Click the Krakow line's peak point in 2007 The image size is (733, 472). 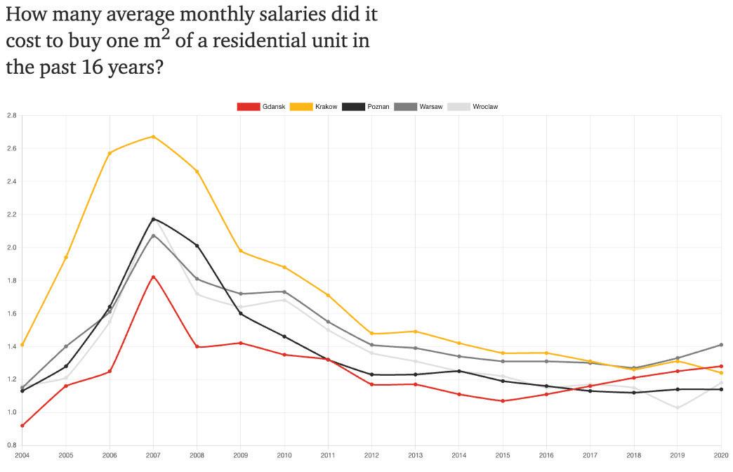[x=153, y=136]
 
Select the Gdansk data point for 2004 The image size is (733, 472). [x=22, y=425]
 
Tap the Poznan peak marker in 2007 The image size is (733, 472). [x=153, y=219]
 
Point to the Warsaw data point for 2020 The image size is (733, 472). [x=721, y=345]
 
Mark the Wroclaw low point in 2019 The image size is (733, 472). [x=678, y=407]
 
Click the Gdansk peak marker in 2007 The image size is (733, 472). [x=153, y=277]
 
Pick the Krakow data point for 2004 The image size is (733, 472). [x=22, y=345]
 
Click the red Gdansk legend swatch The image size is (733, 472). [x=248, y=107]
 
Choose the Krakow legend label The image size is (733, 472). [x=326, y=107]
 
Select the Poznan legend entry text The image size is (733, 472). [x=378, y=107]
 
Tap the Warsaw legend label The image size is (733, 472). [x=430, y=107]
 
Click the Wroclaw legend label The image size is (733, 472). [x=485, y=107]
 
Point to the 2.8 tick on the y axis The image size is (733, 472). [x=11, y=115]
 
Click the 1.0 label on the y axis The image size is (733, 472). [x=11, y=412]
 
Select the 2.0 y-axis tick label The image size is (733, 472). [x=11, y=247]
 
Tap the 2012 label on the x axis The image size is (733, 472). [x=372, y=456]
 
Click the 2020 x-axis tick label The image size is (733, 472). [x=721, y=456]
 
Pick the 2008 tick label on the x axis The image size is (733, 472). [x=197, y=456]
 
